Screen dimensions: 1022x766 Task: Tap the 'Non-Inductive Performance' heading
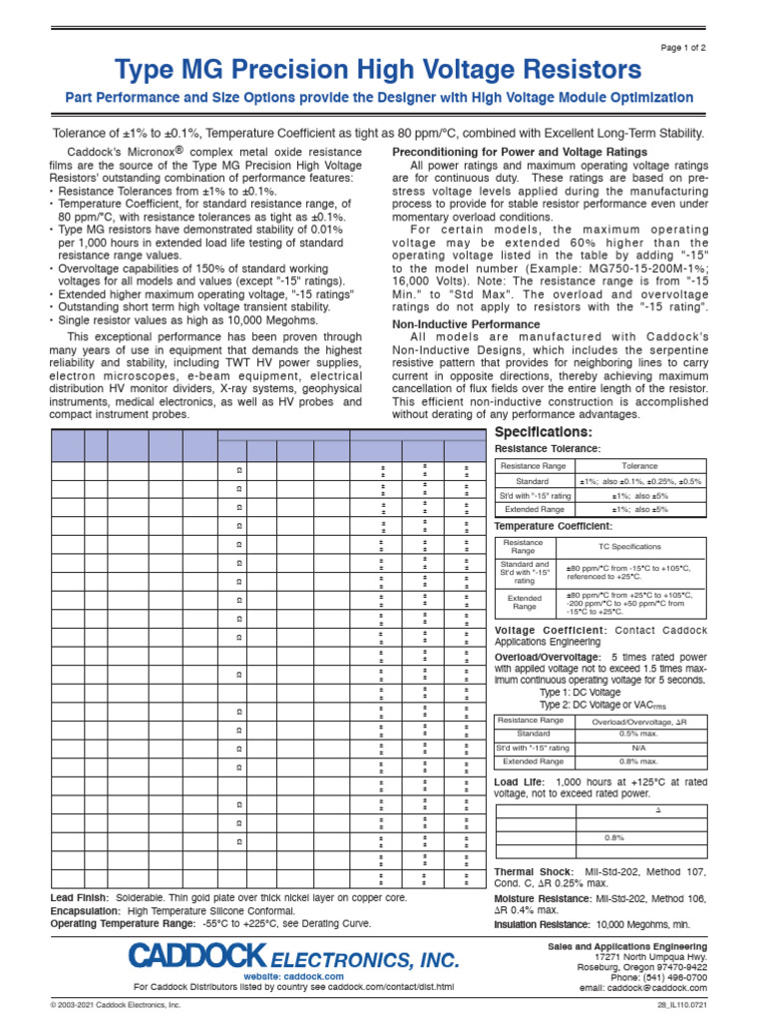click(466, 324)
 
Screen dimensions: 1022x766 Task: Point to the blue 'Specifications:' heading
click(544, 432)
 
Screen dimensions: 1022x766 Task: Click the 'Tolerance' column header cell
click(639, 466)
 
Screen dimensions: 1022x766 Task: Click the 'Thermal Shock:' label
click(529, 872)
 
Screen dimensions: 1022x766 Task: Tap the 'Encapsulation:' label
click(85, 911)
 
